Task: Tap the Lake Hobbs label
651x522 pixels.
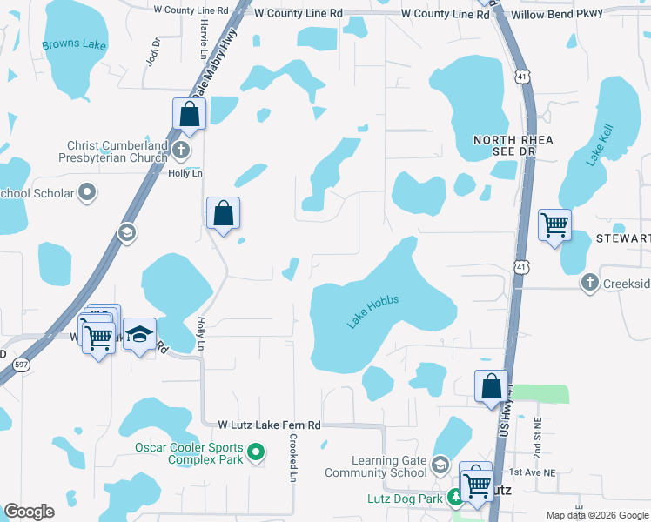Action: pos(372,311)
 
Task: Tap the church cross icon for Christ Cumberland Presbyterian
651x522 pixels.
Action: pos(181,151)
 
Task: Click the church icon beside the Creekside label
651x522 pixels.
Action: pos(590,282)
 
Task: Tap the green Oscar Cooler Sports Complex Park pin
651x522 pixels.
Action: pos(256,452)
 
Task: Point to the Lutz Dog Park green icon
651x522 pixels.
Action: pos(454,498)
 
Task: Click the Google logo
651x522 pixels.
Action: pos(29,512)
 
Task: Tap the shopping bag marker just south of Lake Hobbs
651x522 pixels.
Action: pos(491,386)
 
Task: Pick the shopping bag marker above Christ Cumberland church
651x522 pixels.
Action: pos(189,114)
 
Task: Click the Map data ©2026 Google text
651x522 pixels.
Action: pos(596,515)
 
